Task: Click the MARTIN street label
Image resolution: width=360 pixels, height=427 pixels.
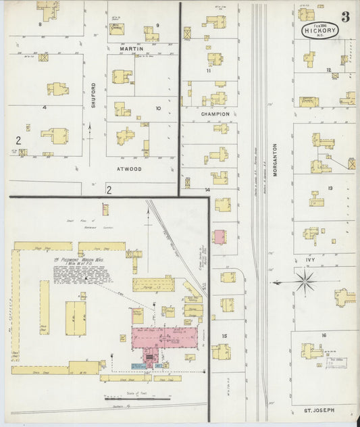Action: tap(132, 49)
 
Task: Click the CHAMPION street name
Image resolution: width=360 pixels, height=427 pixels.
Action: tap(214, 114)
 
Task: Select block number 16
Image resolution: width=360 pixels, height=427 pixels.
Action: tap(324, 335)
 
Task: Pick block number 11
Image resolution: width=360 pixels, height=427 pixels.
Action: tap(209, 70)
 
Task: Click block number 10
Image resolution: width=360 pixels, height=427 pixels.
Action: tap(158, 108)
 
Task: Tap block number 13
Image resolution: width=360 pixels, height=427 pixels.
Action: tap(330, 189)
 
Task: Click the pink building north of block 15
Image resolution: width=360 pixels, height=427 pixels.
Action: tap(220, 237)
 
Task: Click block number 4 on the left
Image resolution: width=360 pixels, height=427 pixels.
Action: tap(44, 107)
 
